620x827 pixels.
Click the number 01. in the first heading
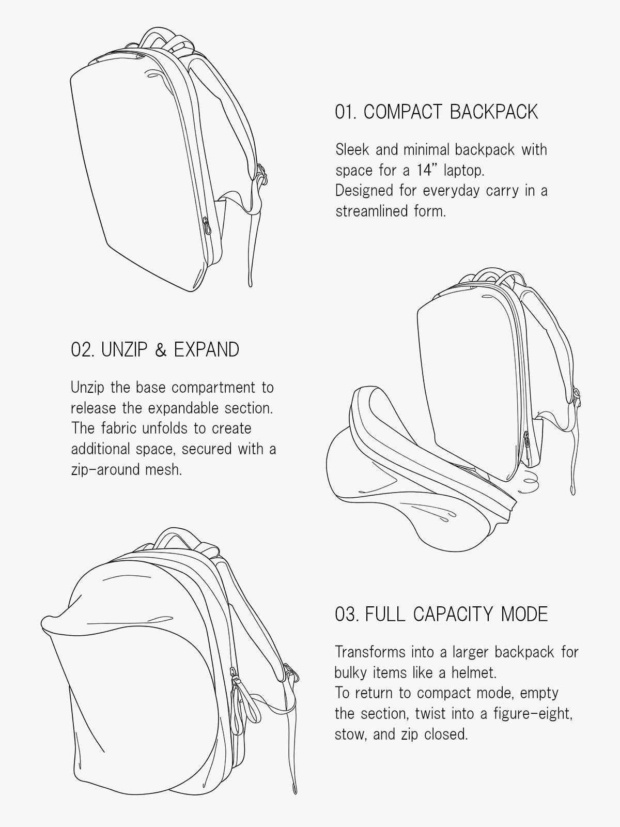[x=346, y=112]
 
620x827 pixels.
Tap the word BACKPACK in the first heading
[x=493, y=112]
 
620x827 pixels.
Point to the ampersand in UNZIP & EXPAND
[x=160, y=350]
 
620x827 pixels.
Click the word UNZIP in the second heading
[x=124, y=349]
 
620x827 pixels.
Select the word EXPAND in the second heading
[x=206, y=349]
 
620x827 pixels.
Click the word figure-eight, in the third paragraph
[x=533, y=714]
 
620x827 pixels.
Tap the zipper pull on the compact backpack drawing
[x=206, y=225]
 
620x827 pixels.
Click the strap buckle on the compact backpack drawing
[x=261, y=174]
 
